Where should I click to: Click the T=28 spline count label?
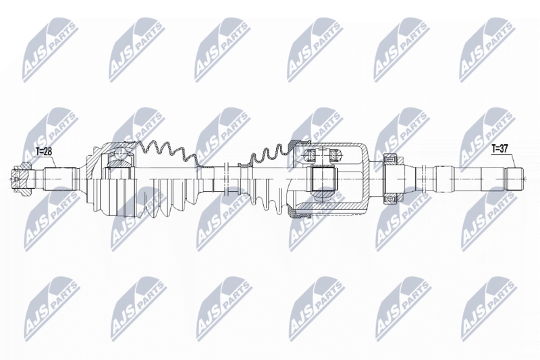click(x=45, y=151)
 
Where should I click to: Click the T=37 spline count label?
click(x=500, y=149)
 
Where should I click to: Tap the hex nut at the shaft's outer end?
click(x=22, y=180)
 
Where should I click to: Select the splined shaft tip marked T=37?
click(x=514, y=179)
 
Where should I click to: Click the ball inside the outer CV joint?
click(x=121, y=153)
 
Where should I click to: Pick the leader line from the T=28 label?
click(x=54, y=161)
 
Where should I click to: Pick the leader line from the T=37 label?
click(x=513, y=160)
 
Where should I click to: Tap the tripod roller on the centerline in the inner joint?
click(x=323, y=179)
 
